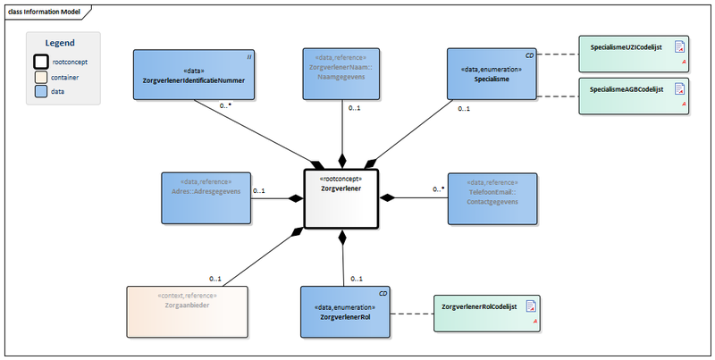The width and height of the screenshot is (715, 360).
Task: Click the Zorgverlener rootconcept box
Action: (x=341, y=197)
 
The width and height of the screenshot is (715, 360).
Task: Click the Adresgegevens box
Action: (x=205, y=197)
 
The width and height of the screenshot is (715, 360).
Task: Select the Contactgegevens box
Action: (x=492, y=197)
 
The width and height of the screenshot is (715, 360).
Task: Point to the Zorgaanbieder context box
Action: (x=187, y=312)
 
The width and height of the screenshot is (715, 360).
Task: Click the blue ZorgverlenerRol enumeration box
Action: (x=346, y=312)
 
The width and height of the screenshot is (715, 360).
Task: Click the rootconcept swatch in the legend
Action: (x=41, y=62)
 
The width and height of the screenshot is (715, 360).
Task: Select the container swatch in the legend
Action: (x=41, y=77)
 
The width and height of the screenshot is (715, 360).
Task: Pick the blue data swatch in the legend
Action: (x=41, y=91)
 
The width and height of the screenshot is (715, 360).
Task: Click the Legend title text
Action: (x=60, y=43)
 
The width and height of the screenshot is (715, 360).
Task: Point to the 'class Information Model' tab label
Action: (x=45, y=11)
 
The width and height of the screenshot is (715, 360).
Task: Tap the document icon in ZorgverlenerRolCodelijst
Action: (x=531, y=308)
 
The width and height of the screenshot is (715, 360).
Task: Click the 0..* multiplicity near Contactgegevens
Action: (x=438, y=189)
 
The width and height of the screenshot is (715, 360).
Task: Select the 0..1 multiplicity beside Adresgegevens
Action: (x=258, y=190)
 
